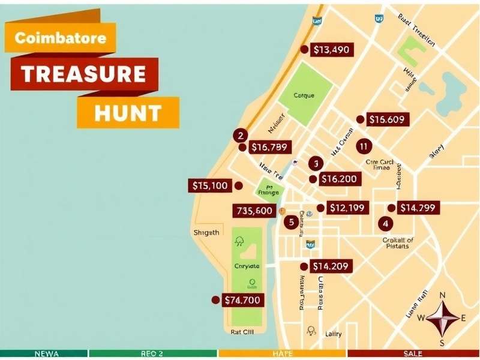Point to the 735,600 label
[254, 211]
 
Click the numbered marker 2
[241, 136]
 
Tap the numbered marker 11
[363, 146]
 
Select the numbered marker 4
[385, 223]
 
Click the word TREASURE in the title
[84, 74]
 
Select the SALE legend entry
[413, 354]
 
